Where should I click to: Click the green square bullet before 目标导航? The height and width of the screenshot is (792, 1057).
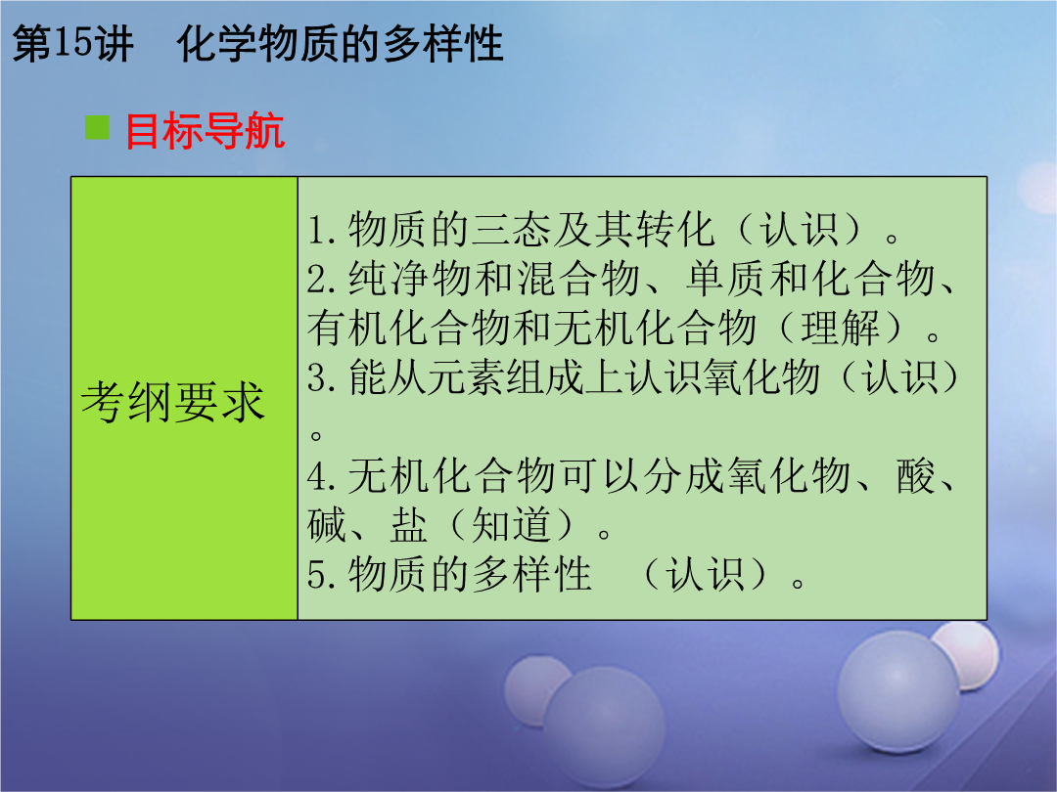pyautogui.click(x=97, y=127)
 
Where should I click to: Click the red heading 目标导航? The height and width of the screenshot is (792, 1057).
pyautogui.click(x=205, y=131)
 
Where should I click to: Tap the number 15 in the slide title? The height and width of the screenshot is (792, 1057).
pyautogui.click(x=71, y=43)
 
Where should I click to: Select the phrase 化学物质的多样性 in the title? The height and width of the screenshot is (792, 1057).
pyautogui.click(x=340, y=44)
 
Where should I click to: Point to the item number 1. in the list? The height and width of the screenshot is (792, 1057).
pyautogui.click(x=322, y=230)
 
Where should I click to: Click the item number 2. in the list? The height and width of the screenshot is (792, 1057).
pyautogui.click(x=322, y=279)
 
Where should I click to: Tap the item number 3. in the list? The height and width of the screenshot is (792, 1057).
pyautogui.click(x=322, y=377)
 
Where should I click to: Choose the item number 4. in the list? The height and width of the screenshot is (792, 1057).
pyautogui.click(x=322, y=476)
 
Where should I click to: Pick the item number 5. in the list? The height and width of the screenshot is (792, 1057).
pyautogui.click(x=322, y=575)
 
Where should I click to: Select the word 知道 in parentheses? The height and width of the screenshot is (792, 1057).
pyautogui.click(x=511, y=525)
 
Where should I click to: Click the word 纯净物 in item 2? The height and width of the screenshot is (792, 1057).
pyautogui.click(x=410, y=279)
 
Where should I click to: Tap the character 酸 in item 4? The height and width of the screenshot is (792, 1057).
pyautogui.click(x=916, y=476)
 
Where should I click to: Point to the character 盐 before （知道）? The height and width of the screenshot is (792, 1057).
pyautogui.click(x=409, y=525)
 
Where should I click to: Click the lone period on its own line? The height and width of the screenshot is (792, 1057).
pyautogui.click(x=315, y=434)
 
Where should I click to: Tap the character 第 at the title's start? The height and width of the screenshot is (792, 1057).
pyautogui.click(x=32, y=44)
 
